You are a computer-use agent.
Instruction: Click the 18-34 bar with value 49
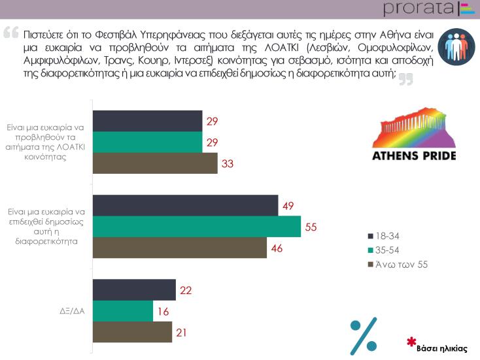(185, 205)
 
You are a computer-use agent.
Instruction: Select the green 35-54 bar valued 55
(196, 226)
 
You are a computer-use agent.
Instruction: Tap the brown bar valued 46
(180, 247)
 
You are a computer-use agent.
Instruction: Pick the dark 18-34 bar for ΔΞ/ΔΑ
(134, 289)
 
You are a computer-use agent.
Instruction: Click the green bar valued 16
(122, 311)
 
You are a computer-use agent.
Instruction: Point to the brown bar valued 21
(132, 332)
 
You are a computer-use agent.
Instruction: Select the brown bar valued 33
(154, 163)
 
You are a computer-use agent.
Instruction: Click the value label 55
(311, 227)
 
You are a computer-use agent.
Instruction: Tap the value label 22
(185, 290)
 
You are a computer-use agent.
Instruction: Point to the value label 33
(228, 164)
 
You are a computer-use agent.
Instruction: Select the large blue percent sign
(364, 335)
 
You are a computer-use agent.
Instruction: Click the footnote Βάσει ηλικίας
(442, 348)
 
